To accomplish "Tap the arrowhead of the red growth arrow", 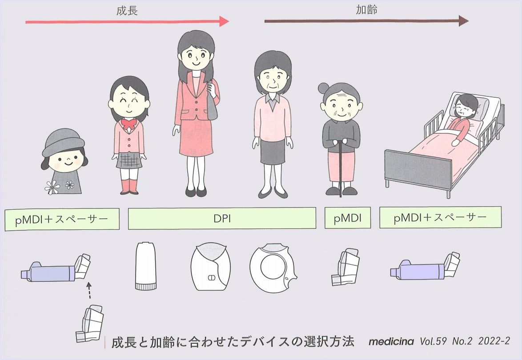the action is coord(224,21).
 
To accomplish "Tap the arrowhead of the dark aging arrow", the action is coord(463,20).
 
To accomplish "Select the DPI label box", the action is coord(222,218).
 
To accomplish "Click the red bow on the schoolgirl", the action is coord(129,124).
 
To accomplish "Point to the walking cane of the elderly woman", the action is coord(340,169).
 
